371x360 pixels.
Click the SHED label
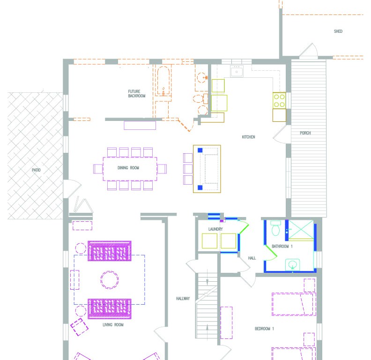click(x=338, y=31)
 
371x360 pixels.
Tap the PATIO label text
click(x=36, y=170)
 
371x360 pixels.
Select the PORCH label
click(x=305, y=133)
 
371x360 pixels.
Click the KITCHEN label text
click(x=248, y=137)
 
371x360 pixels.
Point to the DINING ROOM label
click(x=128, y=168)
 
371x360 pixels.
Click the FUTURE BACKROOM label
click(x=137, y=94)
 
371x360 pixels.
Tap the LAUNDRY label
click(x=215, y=229)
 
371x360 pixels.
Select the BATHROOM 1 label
click(x=282, y=246)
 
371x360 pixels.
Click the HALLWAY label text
click(x=183, y=299)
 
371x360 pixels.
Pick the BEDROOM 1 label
click(x=264, y=329)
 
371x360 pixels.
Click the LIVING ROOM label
click(x=113, y=325)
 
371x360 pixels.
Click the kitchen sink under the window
click(x=237, y=71)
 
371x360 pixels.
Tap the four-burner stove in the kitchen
click(x=279, y=100)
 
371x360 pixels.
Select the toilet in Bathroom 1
click(x=275, y=228)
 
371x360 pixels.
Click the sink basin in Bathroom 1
click(x=293, y=264)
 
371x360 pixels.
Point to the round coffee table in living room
click(x=109, y=280)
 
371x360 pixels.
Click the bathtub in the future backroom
click(x=163, y=81)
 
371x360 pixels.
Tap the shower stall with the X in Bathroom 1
click(x=301, y=230)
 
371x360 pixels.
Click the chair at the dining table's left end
click(x=98, y=169)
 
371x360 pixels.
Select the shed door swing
click(x=308, y=50)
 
